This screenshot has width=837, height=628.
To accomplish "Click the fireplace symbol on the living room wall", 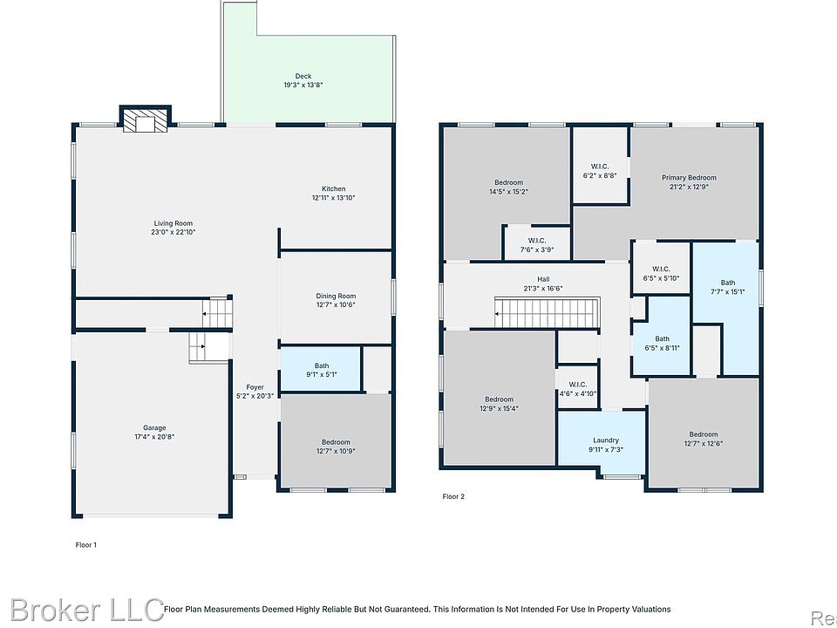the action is (x=144, y=119).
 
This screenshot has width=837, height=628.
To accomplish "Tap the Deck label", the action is (x=303, y=77).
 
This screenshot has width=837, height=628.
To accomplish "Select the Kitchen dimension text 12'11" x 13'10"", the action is (x=334, y=198).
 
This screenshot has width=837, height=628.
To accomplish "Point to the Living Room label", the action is (x=173, y=223).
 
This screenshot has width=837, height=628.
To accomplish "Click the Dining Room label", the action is (x=336, y=296).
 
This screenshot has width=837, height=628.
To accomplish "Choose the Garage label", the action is (x=154, y=427).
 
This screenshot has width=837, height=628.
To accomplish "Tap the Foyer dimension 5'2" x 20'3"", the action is (x=255, y=396).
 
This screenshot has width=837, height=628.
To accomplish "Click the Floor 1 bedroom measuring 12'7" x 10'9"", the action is (x=336, y=441).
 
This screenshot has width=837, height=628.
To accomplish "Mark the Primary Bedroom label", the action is (x=689, y=178).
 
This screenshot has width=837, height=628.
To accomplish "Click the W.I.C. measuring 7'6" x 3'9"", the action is (x=536, y=244).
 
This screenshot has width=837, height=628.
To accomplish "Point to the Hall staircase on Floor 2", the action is (x=547, y=313).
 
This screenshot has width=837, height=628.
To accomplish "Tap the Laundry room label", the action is (x=606, y=440).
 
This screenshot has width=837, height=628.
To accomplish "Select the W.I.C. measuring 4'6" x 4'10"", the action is (x=577, y=388).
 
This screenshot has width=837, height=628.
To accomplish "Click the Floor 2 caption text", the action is (x=453, y=496).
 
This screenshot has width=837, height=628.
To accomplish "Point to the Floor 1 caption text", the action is (x=86, y=545).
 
